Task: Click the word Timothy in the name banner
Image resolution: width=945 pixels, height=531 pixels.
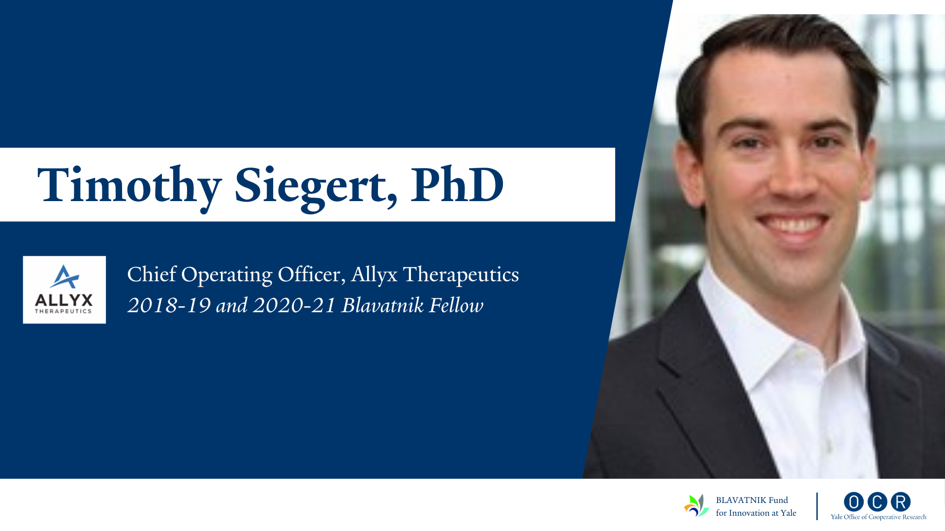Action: pyautogui.click(x=129, y=186)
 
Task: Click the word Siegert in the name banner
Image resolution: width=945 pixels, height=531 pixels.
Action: pyautogui.click(x=315, y=186)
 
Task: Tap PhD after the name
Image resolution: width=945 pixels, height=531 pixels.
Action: pyautogui.click(x=457, y=184)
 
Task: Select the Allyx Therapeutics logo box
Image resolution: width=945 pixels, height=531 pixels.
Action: pyautogui.click(x=64, y=290)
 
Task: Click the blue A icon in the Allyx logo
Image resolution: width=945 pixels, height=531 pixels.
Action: pyautogui.click(x=64, y=277)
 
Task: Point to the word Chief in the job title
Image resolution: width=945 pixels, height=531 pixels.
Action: pyautogui.click(x=152, y=274)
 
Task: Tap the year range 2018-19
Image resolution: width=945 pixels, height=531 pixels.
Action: pyautogui.click(x=169, y=305)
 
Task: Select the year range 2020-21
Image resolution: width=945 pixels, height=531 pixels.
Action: pyautogui.click(x=294, y=305)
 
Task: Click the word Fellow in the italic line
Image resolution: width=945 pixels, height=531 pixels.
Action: pyautogui.click(x=456, y=305)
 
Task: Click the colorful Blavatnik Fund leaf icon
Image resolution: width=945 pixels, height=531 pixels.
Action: pyautogui.click(x=696, y=505)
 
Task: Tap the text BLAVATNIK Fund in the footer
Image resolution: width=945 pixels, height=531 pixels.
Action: pyautogui.click(x=752, y=500)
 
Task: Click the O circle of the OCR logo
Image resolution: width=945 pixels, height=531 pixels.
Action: pyautogui.click(x=854, y=502)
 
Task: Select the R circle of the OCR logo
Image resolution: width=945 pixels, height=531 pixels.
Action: pyautogui.click(x=901, y=502)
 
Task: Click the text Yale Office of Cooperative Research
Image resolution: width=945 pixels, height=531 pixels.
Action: pyautogui.click(x=879, y=517)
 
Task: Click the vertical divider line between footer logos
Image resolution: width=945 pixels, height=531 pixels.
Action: pyautogui.click(x=817, y=506)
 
